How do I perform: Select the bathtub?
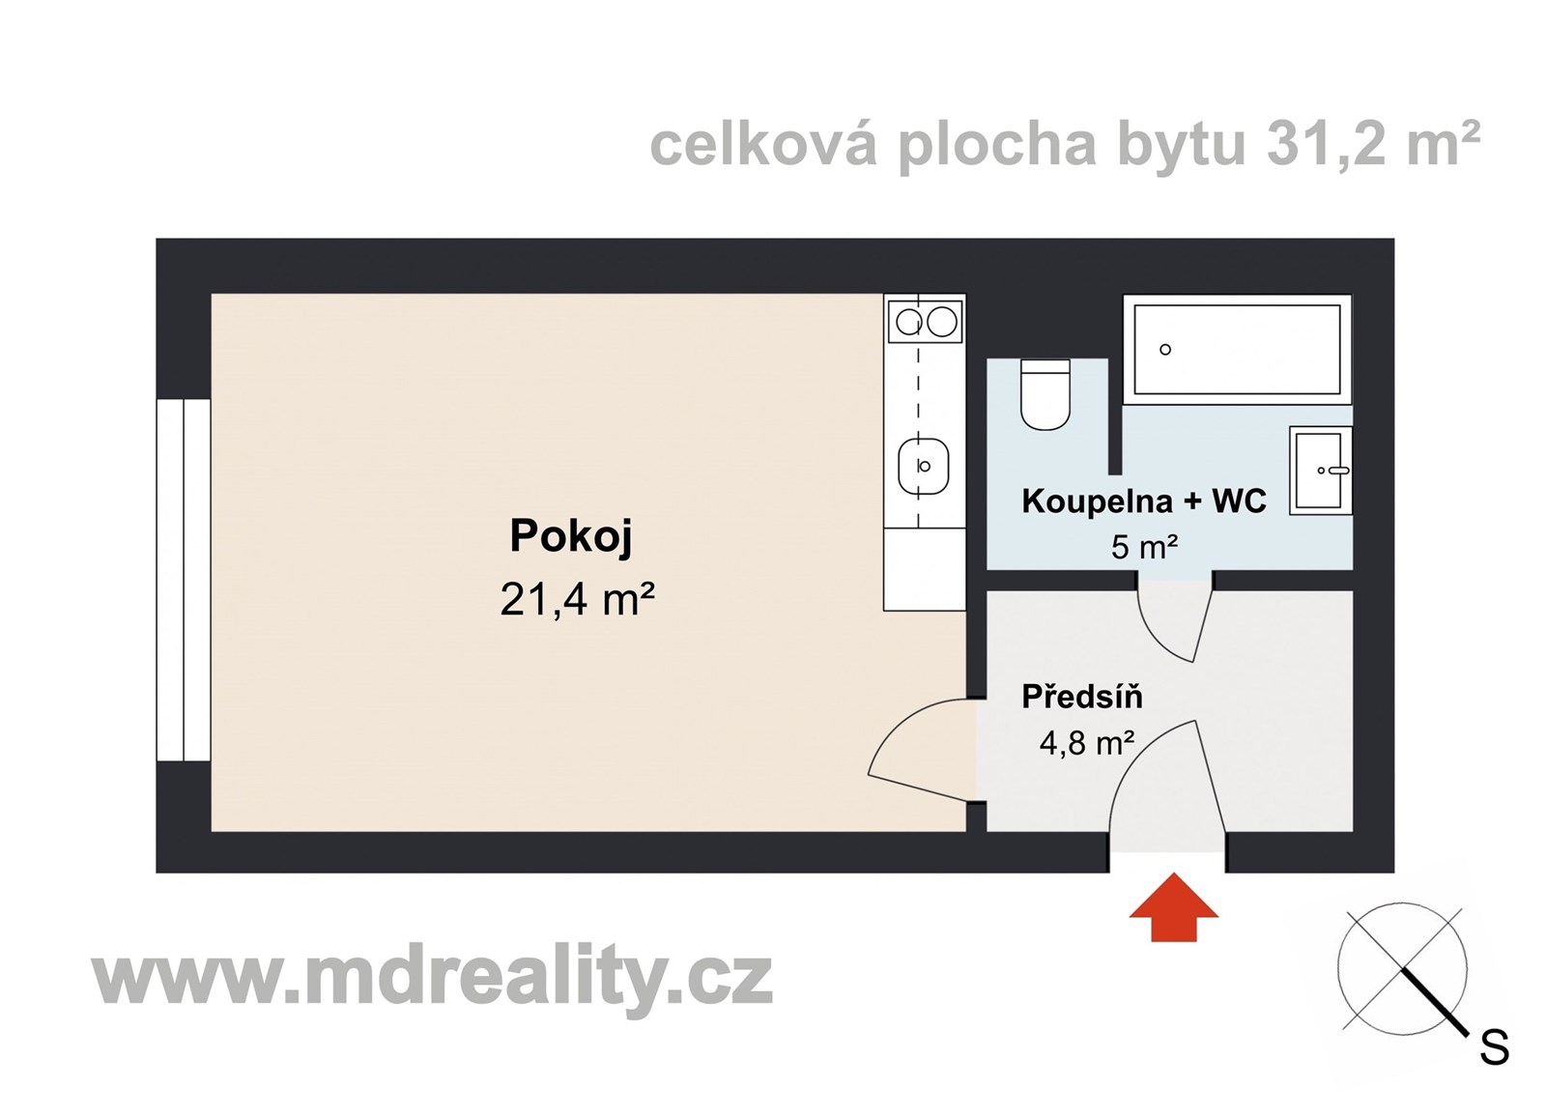[x=1237, y=349]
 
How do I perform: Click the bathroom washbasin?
[x=1320, y=471]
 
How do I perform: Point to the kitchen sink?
[x=924, y=467]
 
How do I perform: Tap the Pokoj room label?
[x=571, y=536]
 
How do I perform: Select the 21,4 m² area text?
[x=578, y=599]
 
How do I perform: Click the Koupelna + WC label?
[x=1143, y=501]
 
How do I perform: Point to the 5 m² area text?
[x=1144, y=548]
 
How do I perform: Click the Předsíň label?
[x=1082, y=697]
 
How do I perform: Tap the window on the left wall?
[x=184, y=579]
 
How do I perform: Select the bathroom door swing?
[x=1173, y=623]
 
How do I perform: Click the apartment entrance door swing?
[x=1164, y=783]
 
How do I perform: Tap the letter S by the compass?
[x=1494, y=1048]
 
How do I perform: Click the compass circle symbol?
[x=1402, y=967]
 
